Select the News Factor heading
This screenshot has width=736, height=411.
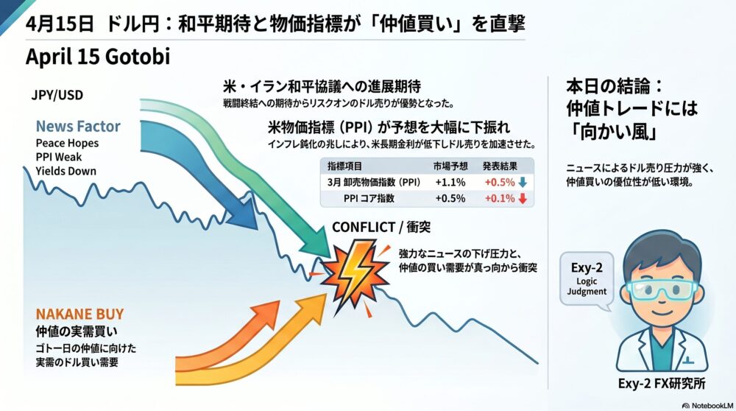(x=78, y=126)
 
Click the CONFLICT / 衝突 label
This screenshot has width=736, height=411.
(x=380, y=227)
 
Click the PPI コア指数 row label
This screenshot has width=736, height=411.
(x=369, y=197)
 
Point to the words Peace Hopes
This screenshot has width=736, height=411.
(x=66, y=142)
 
